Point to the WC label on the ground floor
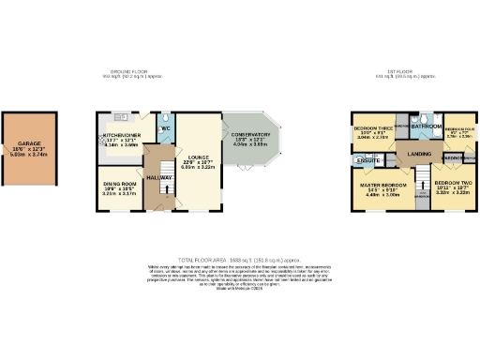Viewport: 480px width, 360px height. point(164,128)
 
